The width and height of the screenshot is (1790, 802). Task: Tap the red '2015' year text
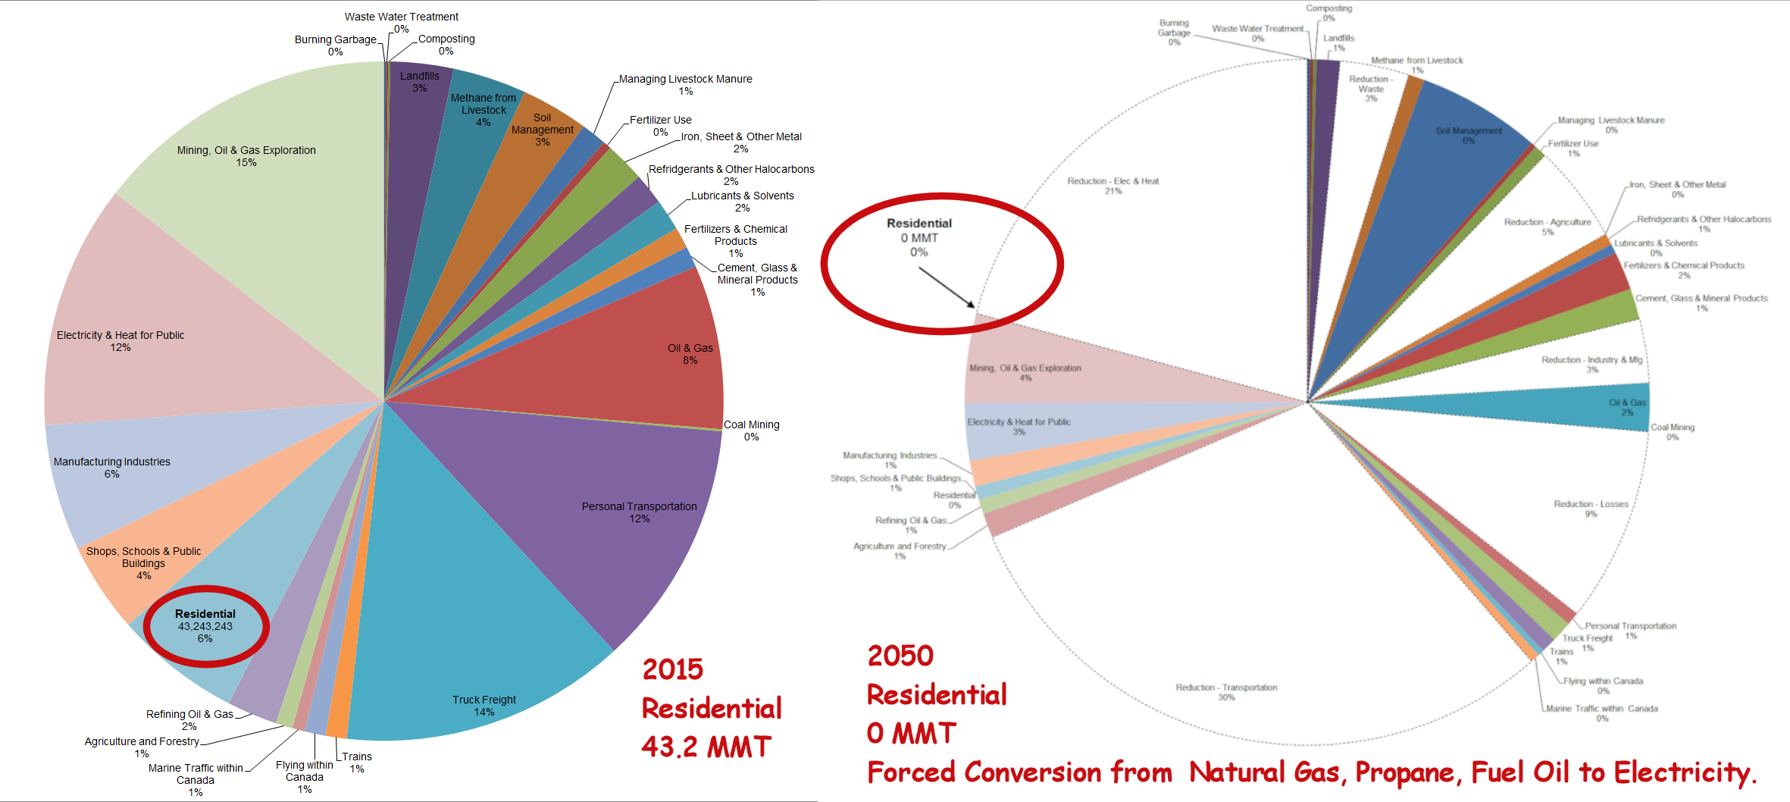673,669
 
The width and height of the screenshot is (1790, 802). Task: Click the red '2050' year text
900,656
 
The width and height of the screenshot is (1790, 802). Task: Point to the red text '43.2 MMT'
706,747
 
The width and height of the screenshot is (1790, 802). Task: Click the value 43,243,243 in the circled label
205,626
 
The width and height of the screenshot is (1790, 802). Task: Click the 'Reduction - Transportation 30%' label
1226,692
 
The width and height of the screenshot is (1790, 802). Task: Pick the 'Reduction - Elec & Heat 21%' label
1112,186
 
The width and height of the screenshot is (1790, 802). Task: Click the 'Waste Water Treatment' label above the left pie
402,17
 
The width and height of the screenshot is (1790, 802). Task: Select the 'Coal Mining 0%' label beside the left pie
751,430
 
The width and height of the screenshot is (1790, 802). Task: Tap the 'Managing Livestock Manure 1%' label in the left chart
685,84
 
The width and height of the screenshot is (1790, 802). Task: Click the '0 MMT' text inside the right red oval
919,238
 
